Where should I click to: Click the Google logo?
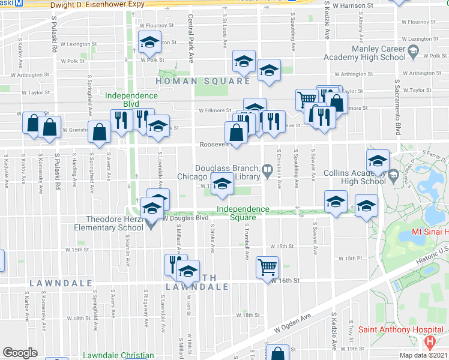pos(20,353)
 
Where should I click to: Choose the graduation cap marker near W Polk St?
pos(149,43)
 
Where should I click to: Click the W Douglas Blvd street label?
pos(180,218)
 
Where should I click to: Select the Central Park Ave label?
pos(191,40)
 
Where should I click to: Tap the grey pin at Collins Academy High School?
pos(394,176)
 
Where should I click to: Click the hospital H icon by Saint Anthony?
pos(430,343)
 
